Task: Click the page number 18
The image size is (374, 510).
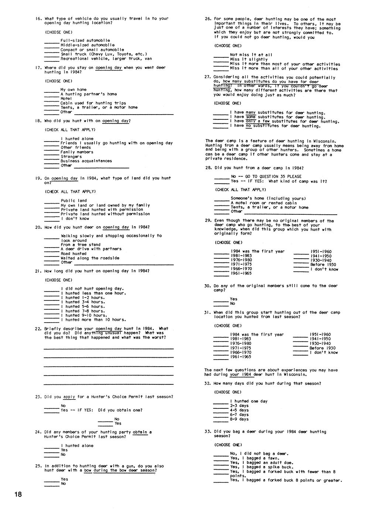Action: [x=18, y=494]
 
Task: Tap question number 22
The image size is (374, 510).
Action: [x=38, y=329]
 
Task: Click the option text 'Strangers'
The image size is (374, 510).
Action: [x=71, y=156]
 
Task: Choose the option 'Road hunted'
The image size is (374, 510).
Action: [x=73, y=254]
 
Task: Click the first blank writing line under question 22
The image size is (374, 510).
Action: [x=109, y=348]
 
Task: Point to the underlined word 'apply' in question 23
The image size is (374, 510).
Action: [x=69, y=397]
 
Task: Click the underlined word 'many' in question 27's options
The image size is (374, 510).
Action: [x=251, y=113]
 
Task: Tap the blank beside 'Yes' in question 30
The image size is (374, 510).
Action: [x=221, y=300]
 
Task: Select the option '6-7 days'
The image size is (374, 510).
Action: [x=239, y=415]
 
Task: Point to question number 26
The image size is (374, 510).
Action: [x=208, y=19]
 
